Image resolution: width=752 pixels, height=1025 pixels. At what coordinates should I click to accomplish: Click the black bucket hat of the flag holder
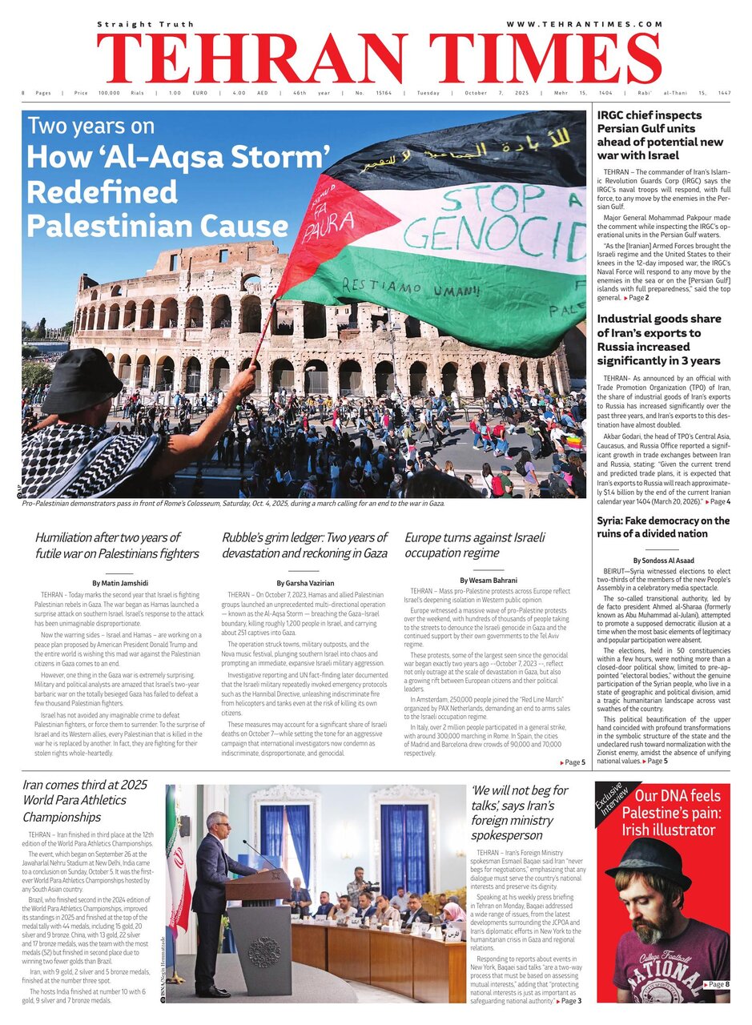click(x=82, y=380)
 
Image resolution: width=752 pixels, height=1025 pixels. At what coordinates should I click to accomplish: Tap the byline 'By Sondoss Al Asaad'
click(x=664, y=560)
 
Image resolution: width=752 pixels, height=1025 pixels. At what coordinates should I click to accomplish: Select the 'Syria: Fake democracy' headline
click(x=663, y=527)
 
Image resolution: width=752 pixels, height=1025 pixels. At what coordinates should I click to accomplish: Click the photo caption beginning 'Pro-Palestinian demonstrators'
click(x=232, y=504)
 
